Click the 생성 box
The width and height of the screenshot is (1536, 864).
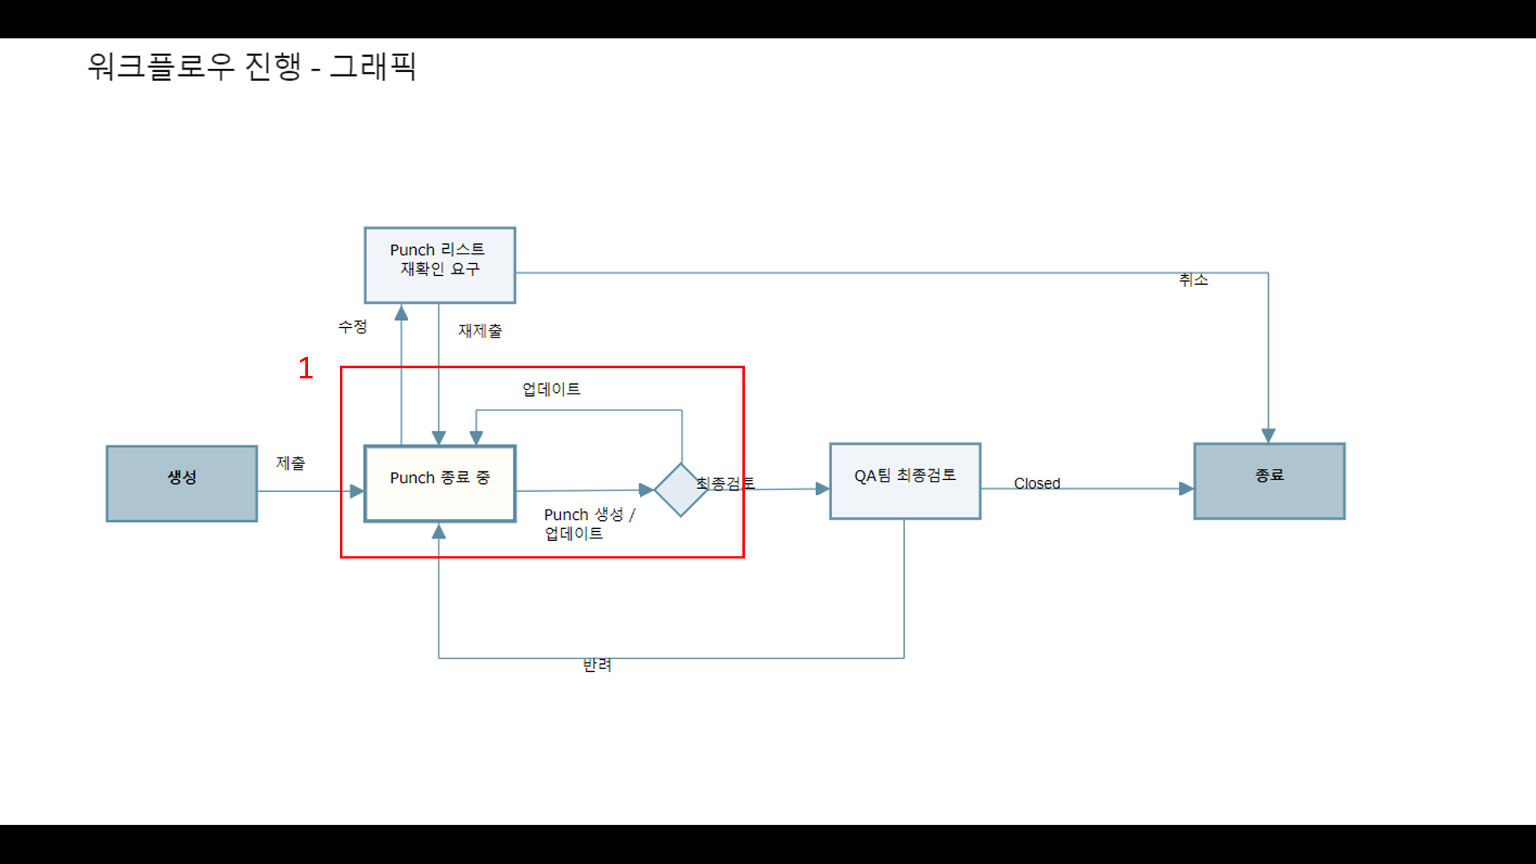pos(182,483)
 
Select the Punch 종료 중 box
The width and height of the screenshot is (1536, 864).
pos(439,483)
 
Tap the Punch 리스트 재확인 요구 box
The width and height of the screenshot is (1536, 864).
pos(439,265)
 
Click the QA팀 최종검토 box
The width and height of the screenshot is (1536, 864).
pos(905,481)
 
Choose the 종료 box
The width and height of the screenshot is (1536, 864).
pos(1269,481)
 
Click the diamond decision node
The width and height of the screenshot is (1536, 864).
pos(681,490)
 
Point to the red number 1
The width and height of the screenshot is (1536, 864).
pos(306,368)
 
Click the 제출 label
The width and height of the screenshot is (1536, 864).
pos(290,463)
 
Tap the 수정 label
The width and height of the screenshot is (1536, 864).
pos(352,326)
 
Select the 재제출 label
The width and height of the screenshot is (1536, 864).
pos(480,330)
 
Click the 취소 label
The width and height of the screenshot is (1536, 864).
pos(1193,279)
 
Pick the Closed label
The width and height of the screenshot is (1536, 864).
pos(1037,483)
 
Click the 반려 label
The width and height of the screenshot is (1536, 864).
pos(597,665)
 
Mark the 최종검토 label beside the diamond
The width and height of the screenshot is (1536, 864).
pos(725,483)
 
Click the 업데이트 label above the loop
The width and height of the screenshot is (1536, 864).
pos(551,390)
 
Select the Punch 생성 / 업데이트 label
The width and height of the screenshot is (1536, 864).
pos(589,524)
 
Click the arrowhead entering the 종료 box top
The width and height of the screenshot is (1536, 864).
pos(1268,435)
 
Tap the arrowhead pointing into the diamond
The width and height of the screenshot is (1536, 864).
pos(646,490)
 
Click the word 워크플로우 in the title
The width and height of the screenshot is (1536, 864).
pos(161,66)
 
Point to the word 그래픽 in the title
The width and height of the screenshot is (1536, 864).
pos(373,66)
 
